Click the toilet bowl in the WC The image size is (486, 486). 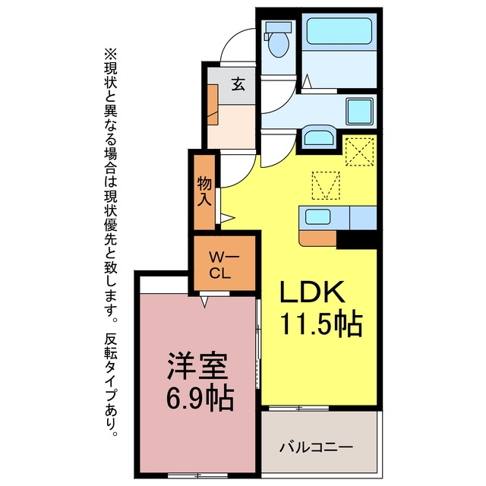point(278,44)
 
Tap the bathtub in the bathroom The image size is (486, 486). point(339,31)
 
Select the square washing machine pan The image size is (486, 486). point(359,112)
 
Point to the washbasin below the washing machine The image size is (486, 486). point(318,137)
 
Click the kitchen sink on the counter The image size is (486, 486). point(317,216)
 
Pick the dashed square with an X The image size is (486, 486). point(359,152)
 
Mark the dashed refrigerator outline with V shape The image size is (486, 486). point(326,185)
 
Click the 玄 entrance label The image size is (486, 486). point(238,84)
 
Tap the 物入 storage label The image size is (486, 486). point(204,191)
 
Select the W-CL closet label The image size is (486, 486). point(224,265)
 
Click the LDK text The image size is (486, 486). point(312,292)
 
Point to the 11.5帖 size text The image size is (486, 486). point(321,324)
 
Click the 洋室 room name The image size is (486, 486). point(197,366)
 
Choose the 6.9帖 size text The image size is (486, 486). point(200,398)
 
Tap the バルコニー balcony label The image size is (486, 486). point(316,447)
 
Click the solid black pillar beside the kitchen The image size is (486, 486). point(356,239)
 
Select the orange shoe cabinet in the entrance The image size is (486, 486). point(213,105)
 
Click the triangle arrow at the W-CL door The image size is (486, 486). point(204,301)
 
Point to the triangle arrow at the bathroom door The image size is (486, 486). point(307,81)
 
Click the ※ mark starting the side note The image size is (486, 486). point(111,55)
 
